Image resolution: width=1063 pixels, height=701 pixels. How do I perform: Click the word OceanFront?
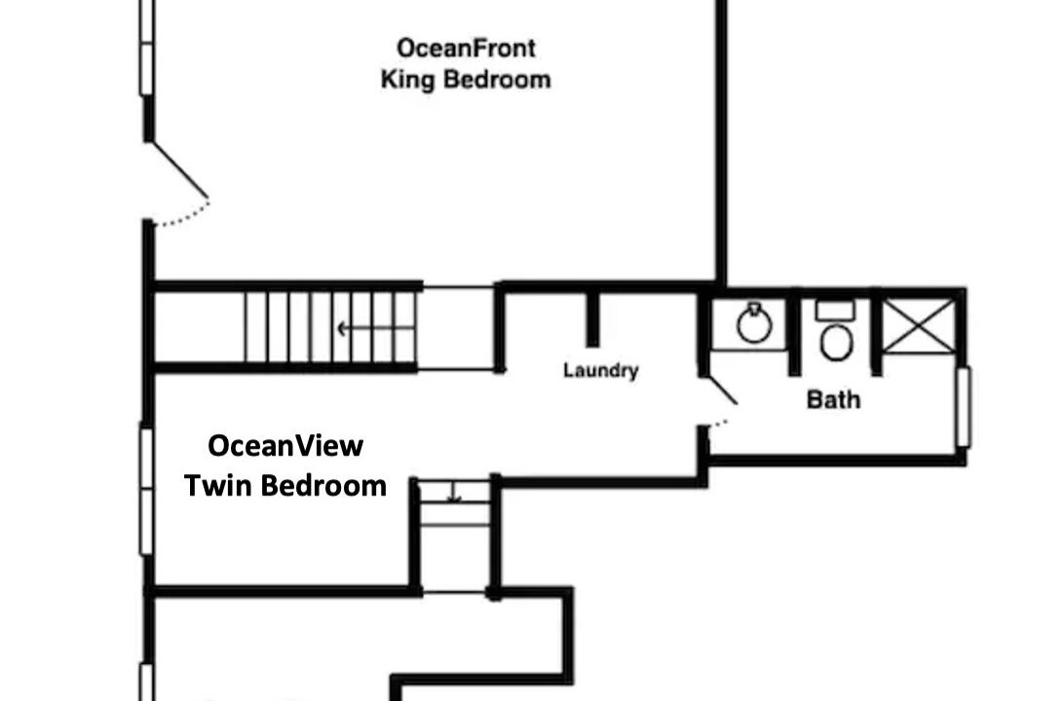tap(466, 48)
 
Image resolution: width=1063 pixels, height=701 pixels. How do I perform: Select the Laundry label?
tap(600, 371)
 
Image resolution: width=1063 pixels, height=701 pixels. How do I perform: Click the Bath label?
tap(833, 399)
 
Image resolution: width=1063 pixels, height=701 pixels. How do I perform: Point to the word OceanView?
tap(285, 446)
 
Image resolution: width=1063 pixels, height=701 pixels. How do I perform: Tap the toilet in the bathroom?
tap(836, 331)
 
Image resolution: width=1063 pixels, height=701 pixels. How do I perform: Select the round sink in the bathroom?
tap(754, 324)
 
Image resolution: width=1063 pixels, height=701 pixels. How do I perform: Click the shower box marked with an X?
tap(919, 326)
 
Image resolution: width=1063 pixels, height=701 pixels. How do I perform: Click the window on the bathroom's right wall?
tap(963, 407)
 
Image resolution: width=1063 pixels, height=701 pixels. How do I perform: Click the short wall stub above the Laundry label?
tap(592, 318)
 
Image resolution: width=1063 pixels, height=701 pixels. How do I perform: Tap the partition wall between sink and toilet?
tap(794, 336)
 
